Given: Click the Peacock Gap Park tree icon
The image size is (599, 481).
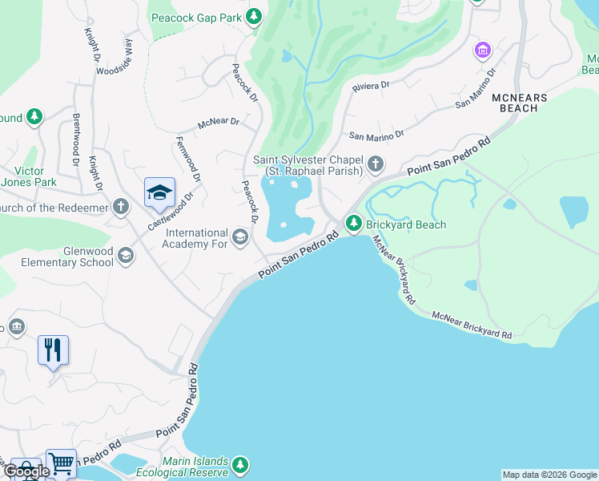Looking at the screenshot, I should click(254, 17).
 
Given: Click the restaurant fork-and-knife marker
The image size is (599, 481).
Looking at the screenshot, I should click(53, 350).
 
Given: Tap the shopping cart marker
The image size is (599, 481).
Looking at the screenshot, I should click(61, 463).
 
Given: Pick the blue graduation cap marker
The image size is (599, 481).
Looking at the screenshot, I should click(159, 192).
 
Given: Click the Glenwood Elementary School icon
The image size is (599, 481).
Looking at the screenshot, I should click(125, 256).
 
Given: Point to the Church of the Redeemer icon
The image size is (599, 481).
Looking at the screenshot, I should click(120, 208).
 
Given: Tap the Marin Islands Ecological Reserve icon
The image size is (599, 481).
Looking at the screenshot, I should click(239, 465).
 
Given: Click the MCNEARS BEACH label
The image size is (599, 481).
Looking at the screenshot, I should click(518, 103).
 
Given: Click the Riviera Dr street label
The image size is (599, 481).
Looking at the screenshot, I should click(371, 84).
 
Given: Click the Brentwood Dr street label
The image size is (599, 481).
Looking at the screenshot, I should click(77, 145).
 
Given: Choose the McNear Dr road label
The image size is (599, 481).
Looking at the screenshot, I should click(219, 123).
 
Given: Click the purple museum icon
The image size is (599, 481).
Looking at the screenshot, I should click(482, 51).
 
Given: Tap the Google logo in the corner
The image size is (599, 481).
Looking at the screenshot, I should click(26, 471).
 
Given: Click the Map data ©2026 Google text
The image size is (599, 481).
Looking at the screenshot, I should click(549, 475).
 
